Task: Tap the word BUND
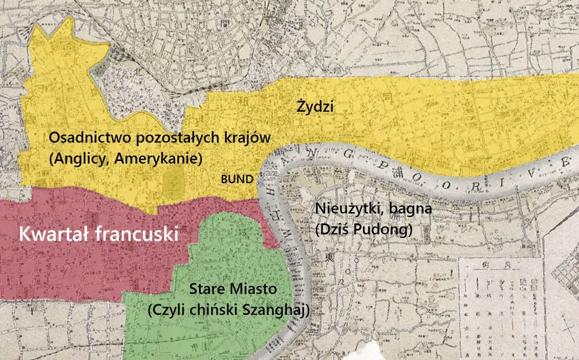pos(237,179)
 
